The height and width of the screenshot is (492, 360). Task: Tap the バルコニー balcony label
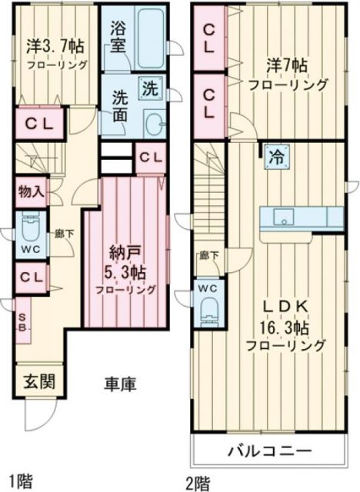[268, 450]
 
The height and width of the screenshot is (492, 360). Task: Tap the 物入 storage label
[30, 190]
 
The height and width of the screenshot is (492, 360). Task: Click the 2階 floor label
[198, 483]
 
